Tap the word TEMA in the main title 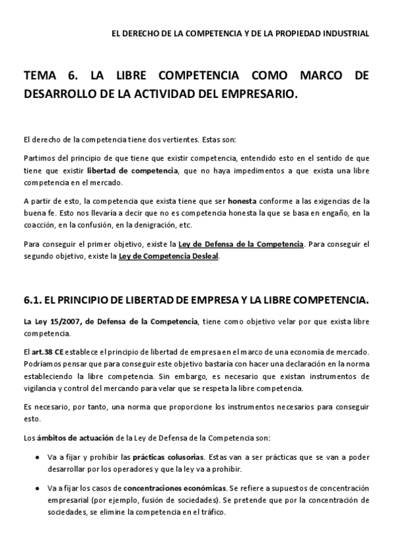tap(40, 76)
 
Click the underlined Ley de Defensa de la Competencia tap(241, 244)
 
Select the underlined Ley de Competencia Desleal tap(169, 256)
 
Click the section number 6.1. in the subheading tap(33, 300)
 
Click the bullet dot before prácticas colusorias tap(35, 457)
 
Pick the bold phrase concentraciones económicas tap(175, 488)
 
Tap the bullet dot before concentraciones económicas tap(35, 488)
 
